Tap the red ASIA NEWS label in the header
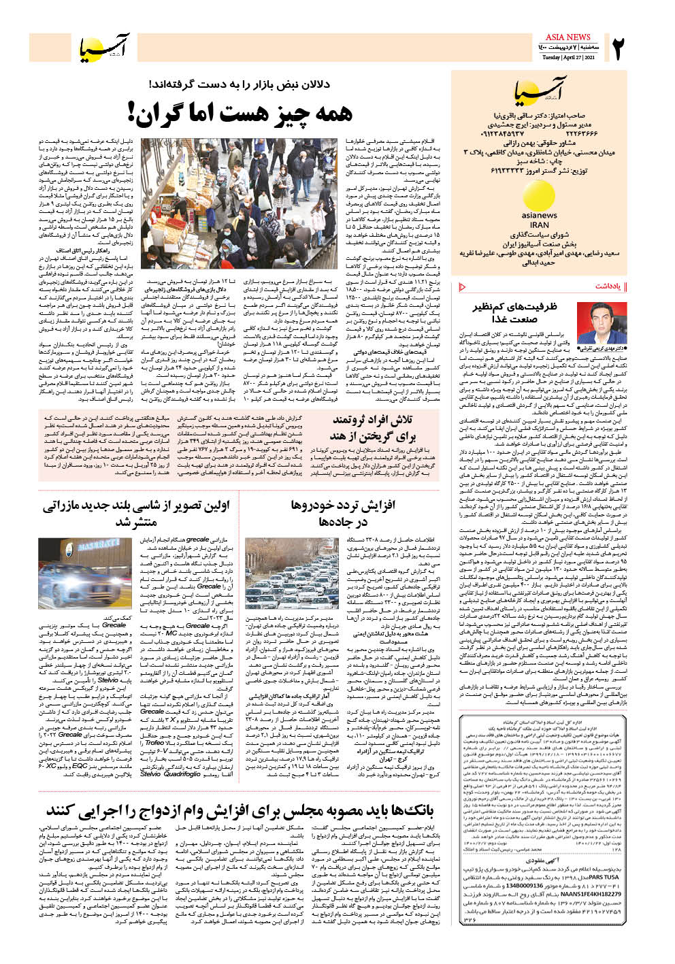(x=569, y=37)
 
